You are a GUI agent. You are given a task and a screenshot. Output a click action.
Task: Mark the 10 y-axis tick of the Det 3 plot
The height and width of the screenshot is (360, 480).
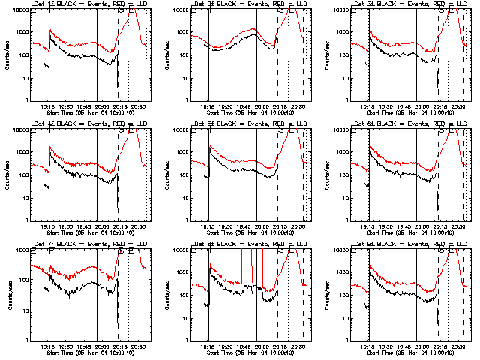point(348,77)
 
